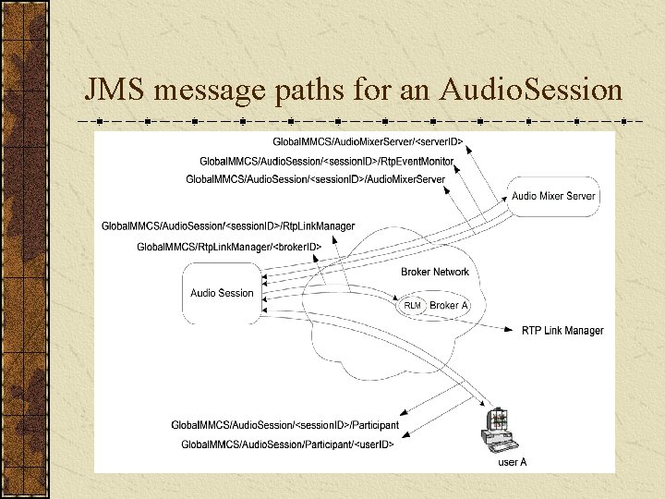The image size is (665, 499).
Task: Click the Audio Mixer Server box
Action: coord(554,196)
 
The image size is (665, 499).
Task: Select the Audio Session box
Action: coord(222,293)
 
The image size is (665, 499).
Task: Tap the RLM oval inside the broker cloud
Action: coord(412,306)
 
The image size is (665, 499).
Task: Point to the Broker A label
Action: coord(449,306)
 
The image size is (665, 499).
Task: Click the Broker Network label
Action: coord(435,272)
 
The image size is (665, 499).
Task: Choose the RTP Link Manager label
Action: coord(562,330)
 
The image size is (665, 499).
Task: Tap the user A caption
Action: coord(513,462)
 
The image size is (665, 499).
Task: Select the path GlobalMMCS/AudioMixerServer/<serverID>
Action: coord(368,141)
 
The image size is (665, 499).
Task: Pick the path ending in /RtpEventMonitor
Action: coord(326,161)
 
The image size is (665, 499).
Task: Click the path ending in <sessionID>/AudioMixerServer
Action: coord(315,178)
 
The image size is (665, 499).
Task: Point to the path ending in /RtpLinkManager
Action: coord(227,226)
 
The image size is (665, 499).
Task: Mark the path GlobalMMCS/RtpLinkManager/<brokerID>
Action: coord(228,247)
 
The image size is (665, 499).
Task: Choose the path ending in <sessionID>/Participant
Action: coord(284,425)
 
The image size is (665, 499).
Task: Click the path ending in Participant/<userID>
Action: coord(287,444)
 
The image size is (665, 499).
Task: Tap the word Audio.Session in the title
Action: coord(531,90)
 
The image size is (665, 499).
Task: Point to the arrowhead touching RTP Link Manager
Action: coord(514,328)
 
